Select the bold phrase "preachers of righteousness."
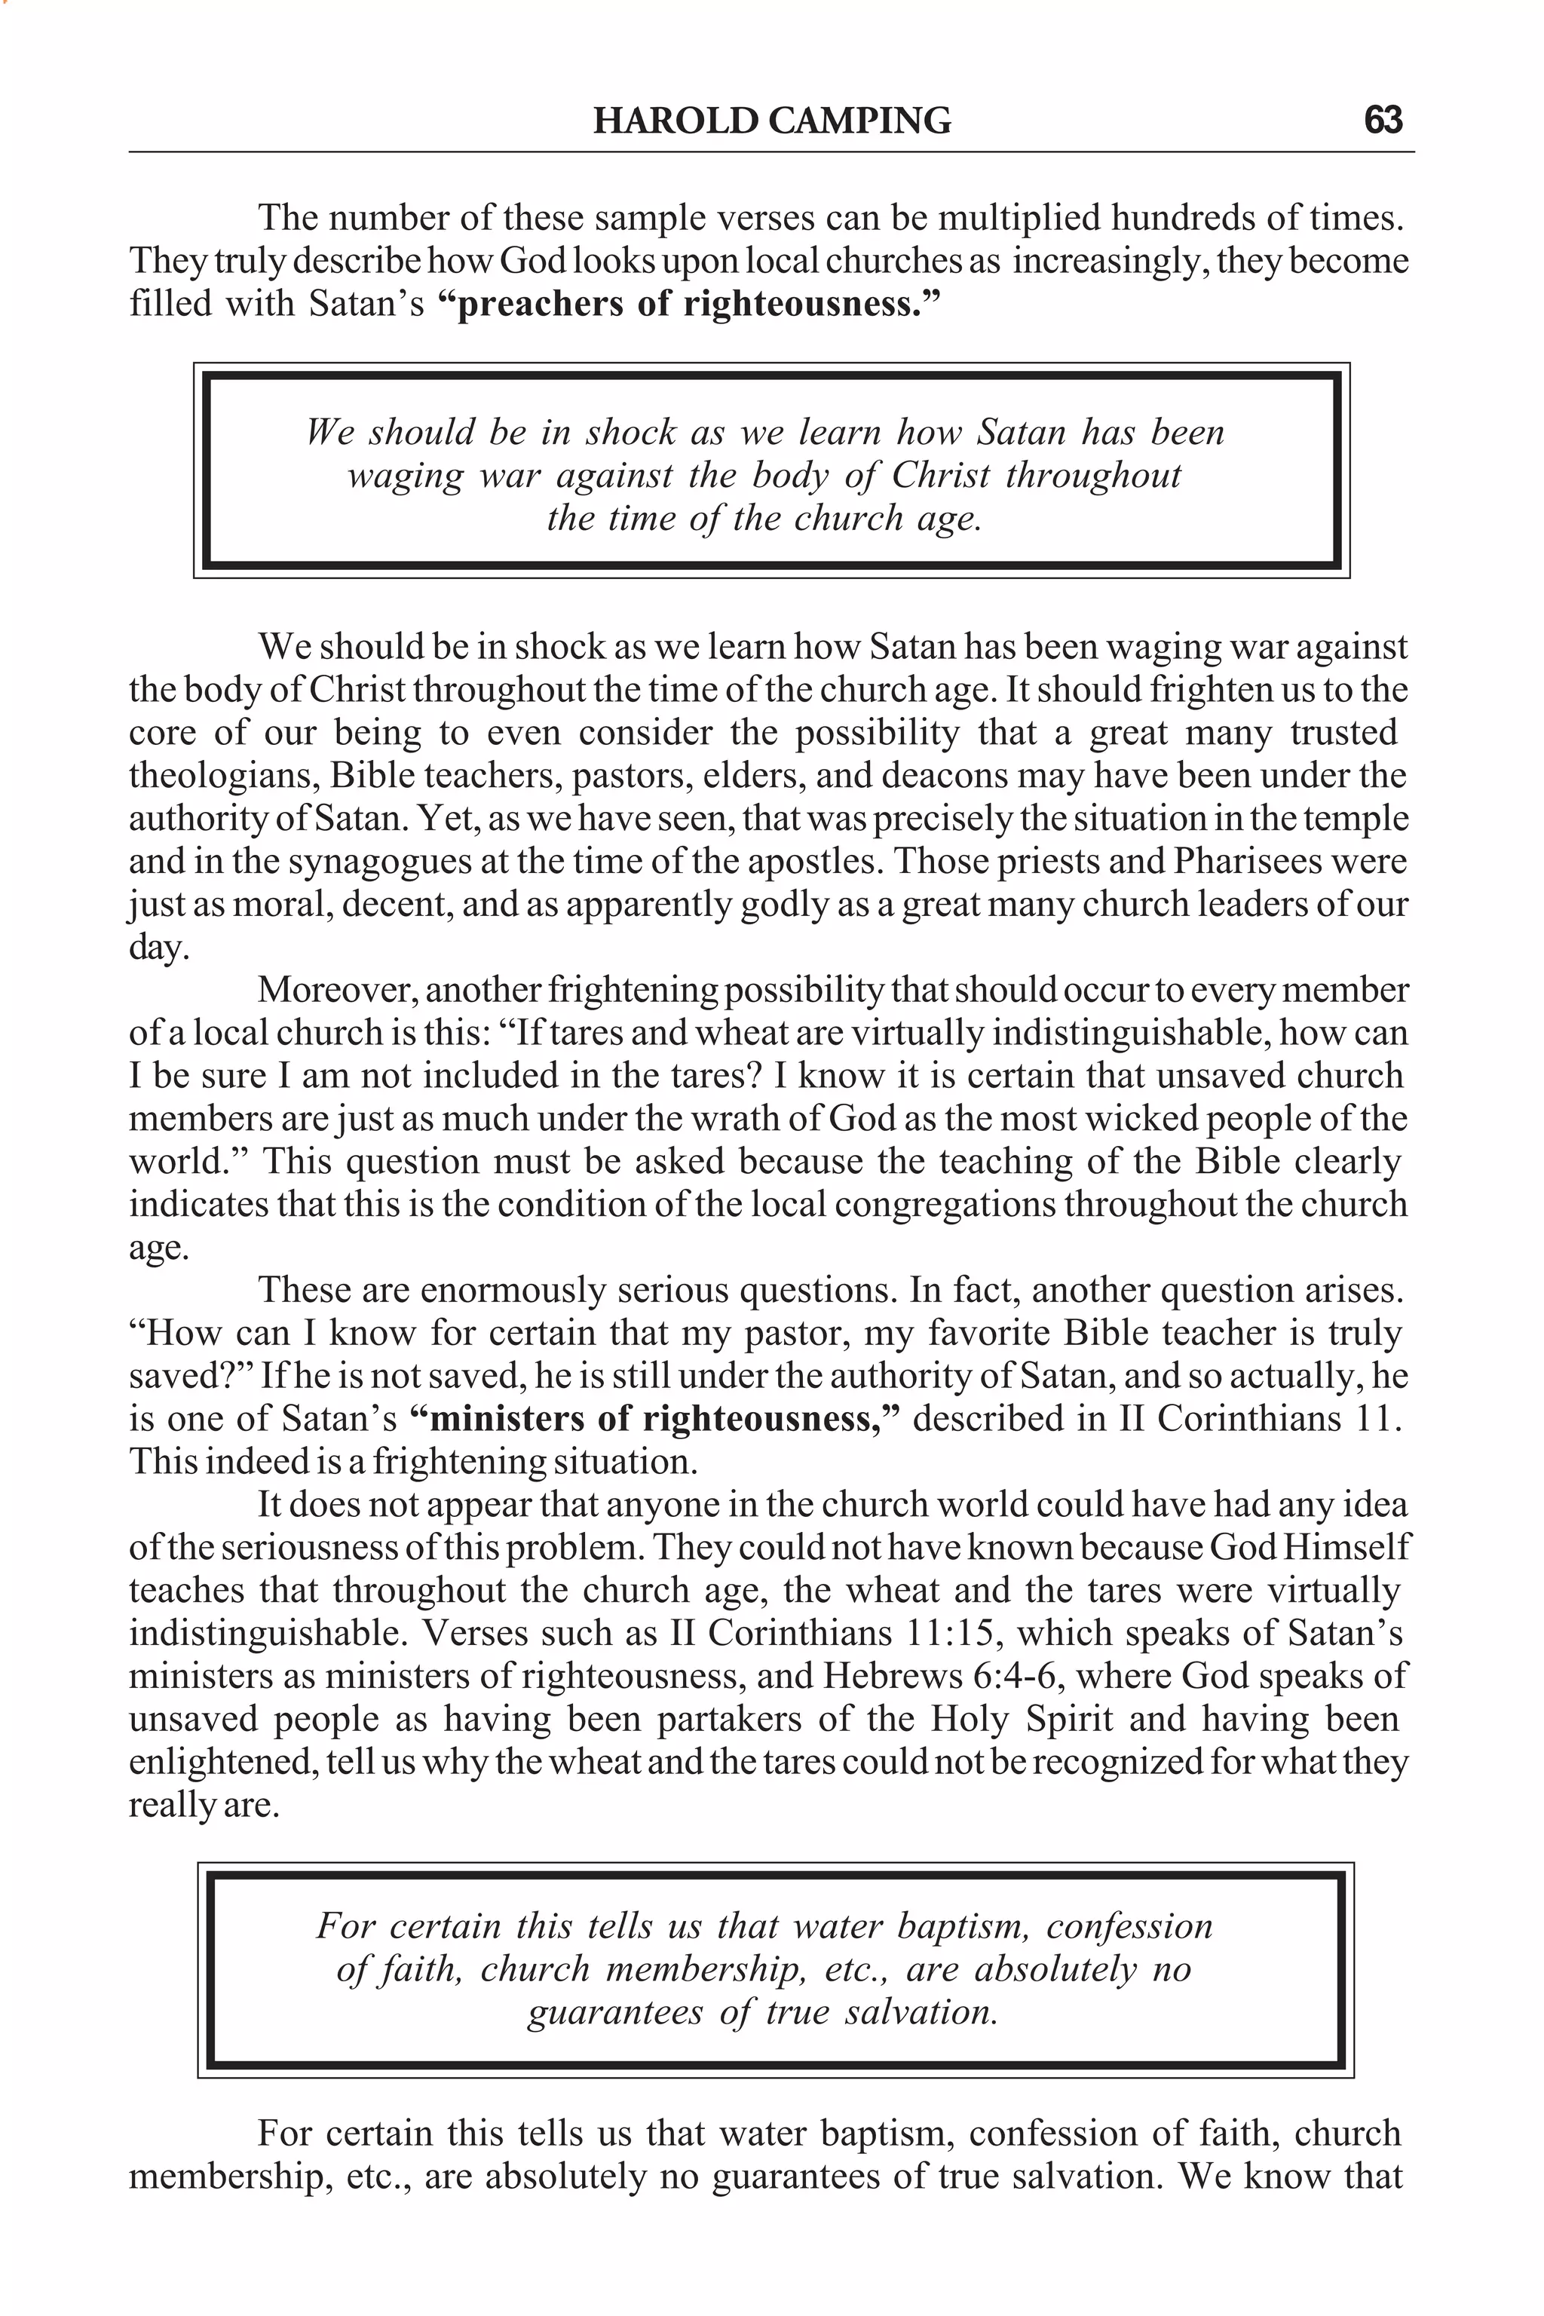coord(686,303)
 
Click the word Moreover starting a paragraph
coord(335,990)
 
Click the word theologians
coord(222,776)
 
